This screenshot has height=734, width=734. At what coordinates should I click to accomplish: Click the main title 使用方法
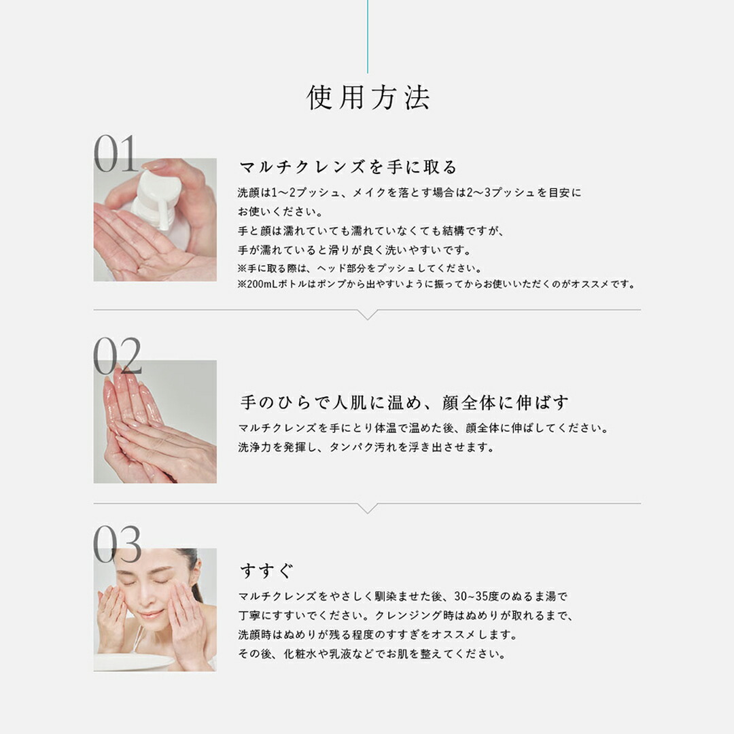coord(368,98)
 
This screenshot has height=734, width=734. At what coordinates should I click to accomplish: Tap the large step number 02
coord(117,356)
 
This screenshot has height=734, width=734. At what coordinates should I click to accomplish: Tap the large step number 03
coord(117,544)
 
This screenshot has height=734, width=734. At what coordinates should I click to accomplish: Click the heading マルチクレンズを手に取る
coord(349,167)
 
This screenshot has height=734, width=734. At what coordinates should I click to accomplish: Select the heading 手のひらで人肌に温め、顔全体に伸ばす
coord(404,402)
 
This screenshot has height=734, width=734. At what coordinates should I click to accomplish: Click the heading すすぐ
coord(266,569)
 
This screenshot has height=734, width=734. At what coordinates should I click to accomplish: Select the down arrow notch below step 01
coord(368,315)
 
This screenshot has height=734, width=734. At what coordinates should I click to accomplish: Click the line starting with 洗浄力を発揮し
coord(366,447)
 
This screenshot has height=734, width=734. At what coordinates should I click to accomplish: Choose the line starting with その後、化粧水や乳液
coord(371,654)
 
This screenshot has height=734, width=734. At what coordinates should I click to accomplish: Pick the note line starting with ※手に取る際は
coord(360,268)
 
